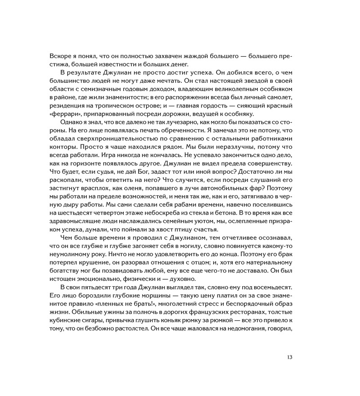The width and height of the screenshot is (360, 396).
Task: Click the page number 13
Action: (289, 358)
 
